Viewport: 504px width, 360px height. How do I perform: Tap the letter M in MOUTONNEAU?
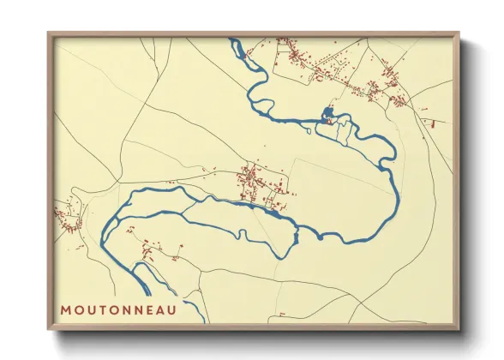(65, 309)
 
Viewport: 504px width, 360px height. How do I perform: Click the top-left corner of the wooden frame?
(48, 33)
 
